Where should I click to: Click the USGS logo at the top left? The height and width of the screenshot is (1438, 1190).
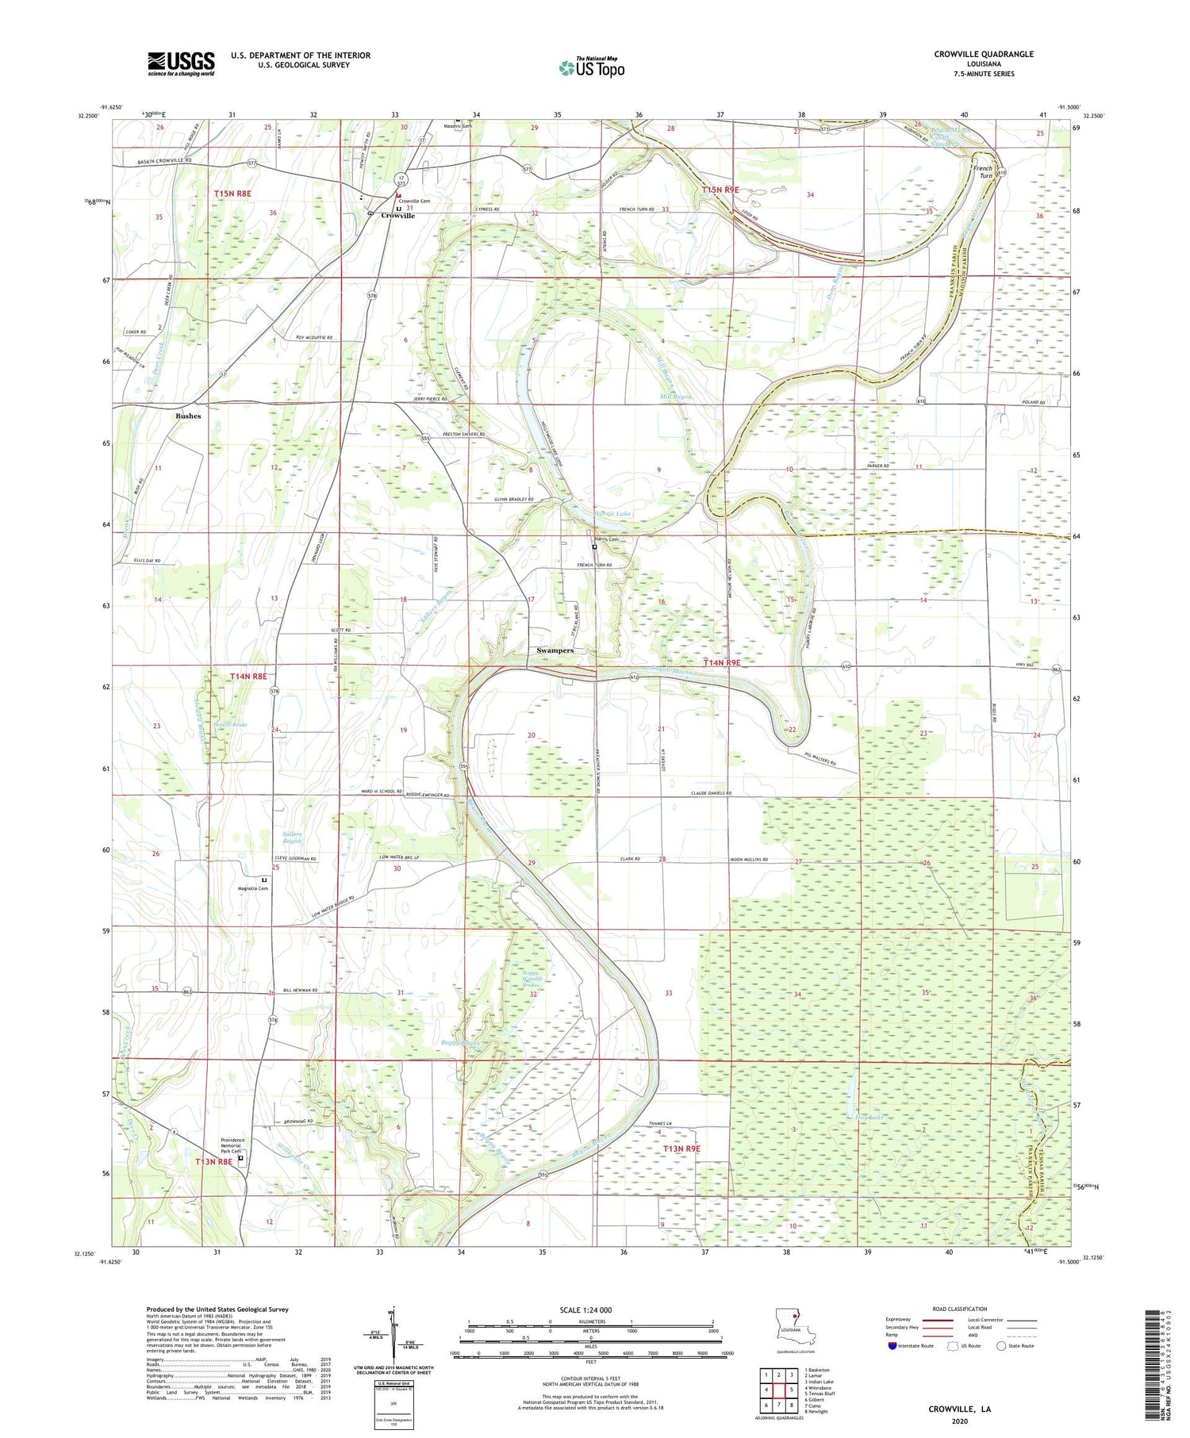point(181,63)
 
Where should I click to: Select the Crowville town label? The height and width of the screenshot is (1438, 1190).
point(397,216)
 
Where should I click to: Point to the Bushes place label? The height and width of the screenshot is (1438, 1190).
point(188,416)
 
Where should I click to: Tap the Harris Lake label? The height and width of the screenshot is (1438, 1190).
point(614,514)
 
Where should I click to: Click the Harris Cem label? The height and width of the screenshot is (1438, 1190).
point(608,540)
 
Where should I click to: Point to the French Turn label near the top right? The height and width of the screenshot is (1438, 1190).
point(983,172)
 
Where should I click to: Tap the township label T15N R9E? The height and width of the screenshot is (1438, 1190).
point(720,190)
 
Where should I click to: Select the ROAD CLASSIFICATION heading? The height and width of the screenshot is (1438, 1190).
point(960,1309)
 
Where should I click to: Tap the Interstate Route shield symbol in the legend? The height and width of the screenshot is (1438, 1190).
point(894,1346)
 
